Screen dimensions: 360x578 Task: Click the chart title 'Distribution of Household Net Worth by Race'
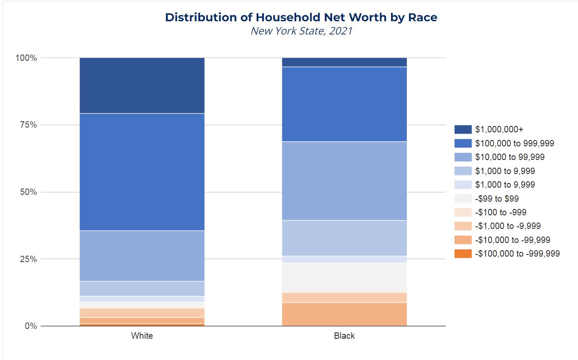tap(301, 17)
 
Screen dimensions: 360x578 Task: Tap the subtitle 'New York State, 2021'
tap(301, 31)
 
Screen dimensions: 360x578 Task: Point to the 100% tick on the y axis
tap(26, 58)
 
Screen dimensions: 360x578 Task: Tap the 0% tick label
tap(30, 326)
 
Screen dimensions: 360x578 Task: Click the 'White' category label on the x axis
tap(142, 336)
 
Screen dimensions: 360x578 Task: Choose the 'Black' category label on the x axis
tap(344, 336)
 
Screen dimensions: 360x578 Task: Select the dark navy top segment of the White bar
tap(142, 86)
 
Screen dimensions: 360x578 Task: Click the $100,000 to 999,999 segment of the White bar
tap(142, 172)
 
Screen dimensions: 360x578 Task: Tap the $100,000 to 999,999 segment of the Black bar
tap(344, 104)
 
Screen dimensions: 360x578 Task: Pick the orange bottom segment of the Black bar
tap(344, 314)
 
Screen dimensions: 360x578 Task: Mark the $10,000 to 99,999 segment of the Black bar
tap(344, 181)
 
